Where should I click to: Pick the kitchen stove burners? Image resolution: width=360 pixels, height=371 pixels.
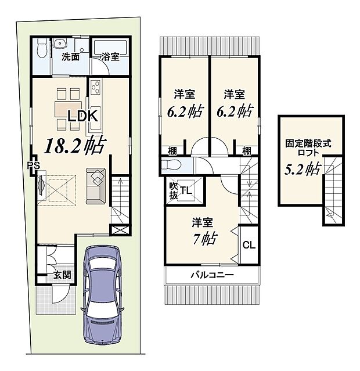(96, 89)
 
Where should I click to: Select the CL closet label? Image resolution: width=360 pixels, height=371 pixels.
(248, 245)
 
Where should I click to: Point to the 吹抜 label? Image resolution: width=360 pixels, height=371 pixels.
(174, 190)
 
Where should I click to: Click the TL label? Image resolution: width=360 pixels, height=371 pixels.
(186, 190)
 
